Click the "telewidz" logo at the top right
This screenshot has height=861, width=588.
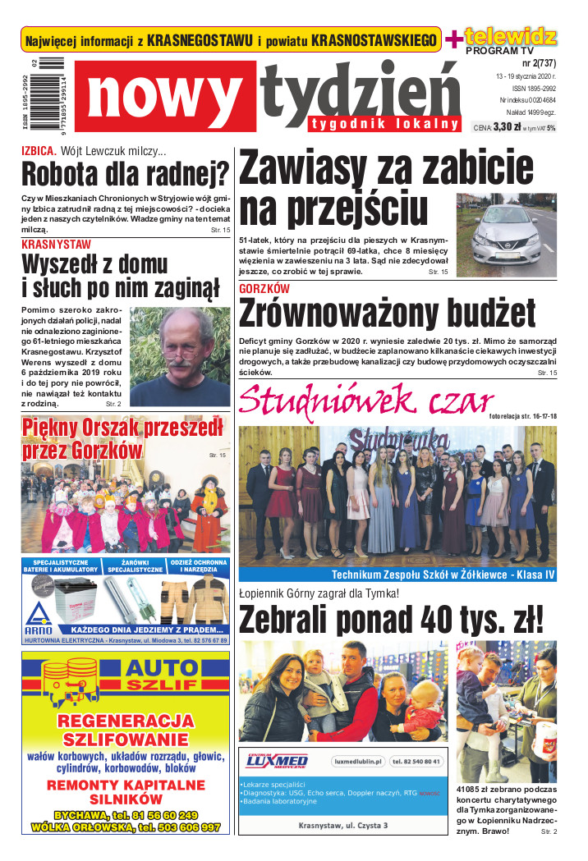click(x=510, y=35)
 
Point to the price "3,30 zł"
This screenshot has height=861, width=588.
click(x=508, y=127)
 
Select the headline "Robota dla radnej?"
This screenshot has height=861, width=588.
click(x=125, y=174)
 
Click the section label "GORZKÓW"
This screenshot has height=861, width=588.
click(x=264, y=289)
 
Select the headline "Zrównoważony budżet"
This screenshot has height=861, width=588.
click(x=387, y=314)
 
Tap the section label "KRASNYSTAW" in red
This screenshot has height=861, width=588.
click(x=57, y=245)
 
